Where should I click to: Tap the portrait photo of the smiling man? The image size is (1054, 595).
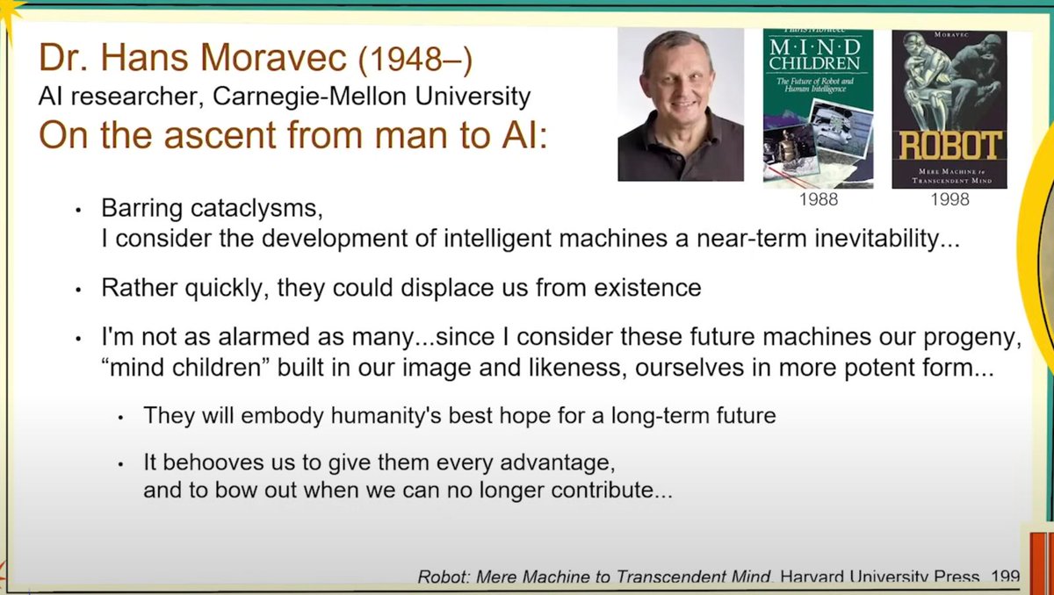681,104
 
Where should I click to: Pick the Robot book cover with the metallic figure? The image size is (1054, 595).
949,108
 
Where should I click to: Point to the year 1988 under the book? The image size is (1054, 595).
818,200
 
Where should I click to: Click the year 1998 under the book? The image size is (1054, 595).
950,200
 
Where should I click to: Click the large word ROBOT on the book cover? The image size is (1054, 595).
949,145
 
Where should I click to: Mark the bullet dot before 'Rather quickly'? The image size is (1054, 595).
78,290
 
